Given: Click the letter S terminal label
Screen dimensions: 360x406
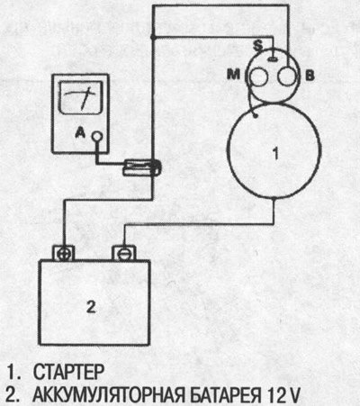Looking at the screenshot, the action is (258, 45).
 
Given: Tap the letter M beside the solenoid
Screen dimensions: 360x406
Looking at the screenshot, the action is (233, 74).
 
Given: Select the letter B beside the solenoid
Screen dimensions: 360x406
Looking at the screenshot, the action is (310, 76).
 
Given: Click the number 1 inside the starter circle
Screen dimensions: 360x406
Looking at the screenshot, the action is (275, 153).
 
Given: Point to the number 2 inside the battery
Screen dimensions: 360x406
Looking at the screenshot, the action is (91, 307).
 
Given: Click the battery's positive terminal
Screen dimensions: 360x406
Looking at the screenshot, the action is (63, 254).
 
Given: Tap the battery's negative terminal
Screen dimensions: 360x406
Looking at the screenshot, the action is (123, 254).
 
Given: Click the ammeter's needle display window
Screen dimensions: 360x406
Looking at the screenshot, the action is (81, 97).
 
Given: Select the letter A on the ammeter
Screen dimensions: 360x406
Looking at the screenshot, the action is (80, 132).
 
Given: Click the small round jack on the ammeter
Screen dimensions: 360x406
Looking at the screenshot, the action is (96, 137).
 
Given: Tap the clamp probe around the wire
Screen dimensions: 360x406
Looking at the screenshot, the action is (143, 167).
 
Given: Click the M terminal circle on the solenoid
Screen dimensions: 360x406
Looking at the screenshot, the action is (258, 77).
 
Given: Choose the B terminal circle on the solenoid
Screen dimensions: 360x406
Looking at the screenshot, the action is (287, 77).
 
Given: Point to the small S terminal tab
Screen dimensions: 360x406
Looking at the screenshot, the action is (273, 59).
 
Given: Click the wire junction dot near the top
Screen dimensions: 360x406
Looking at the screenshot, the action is (153, 37).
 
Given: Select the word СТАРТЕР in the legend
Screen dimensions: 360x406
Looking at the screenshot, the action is (68, 372).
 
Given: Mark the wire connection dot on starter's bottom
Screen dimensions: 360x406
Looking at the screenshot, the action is (274, 199).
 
